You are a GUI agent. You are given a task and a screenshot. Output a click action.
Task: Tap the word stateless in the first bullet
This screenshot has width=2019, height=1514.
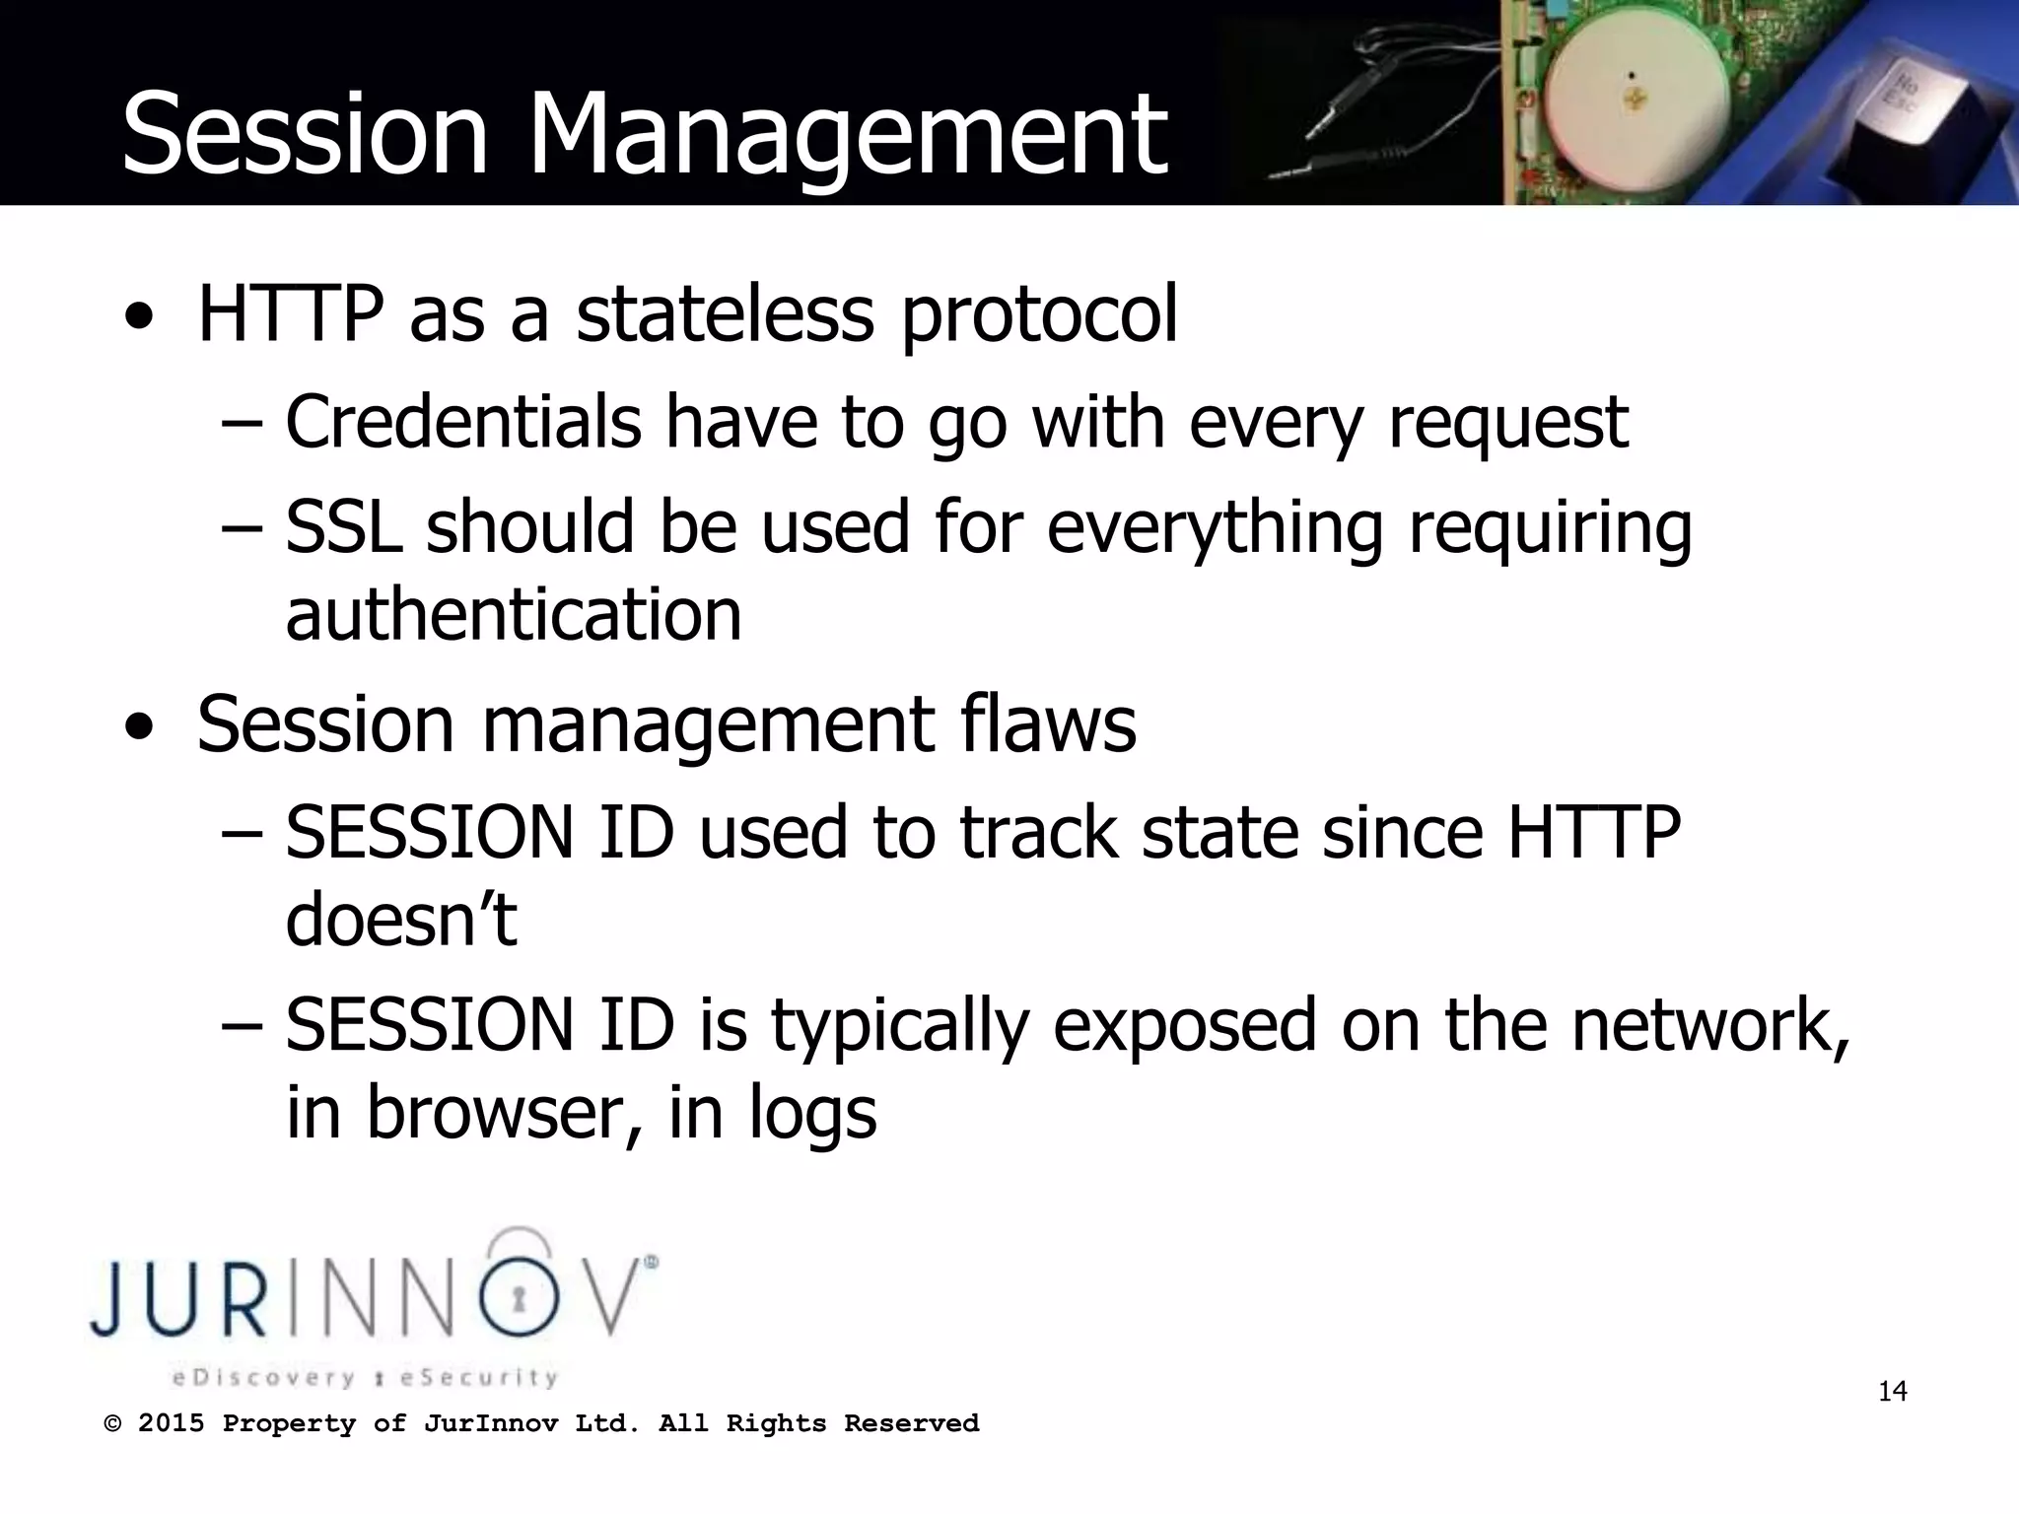coord(725,314)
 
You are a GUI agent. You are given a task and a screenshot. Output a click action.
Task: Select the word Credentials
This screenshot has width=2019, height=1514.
coord(463,422)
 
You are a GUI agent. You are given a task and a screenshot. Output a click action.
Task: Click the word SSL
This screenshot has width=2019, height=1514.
coord(343,526)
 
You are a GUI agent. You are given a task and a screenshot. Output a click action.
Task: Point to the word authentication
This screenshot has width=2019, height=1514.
coord(513,614)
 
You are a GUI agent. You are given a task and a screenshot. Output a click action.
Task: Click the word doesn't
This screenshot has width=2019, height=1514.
coord(400,920)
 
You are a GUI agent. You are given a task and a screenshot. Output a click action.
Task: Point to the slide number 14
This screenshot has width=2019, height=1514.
coord(1892,1392)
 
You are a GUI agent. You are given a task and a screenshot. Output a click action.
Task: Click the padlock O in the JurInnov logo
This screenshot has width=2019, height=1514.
coord(519,1297)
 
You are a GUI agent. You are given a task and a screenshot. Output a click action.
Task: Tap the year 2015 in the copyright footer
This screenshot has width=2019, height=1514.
coord(171,1423)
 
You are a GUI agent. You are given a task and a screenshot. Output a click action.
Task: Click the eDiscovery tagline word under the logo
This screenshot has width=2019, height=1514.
coord(262,1377)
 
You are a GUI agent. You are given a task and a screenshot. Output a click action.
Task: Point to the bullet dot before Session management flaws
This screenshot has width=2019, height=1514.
coord(140,727)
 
